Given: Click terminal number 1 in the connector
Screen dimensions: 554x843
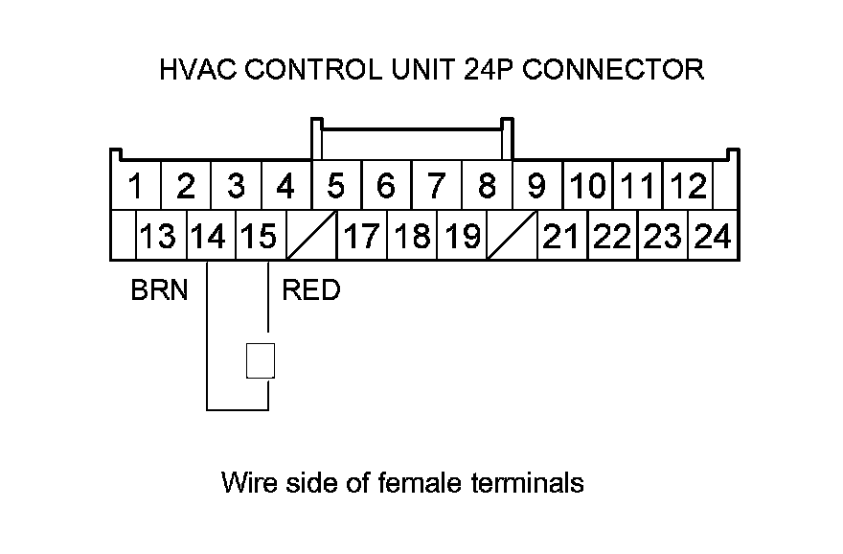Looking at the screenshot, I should click(x=137, y=185).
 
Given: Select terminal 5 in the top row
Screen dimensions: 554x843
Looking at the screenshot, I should click(x=335, y=185).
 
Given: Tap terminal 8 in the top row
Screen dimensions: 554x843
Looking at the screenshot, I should click(x=487, y=185).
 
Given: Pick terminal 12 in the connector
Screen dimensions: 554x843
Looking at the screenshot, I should click(x=689, y=185).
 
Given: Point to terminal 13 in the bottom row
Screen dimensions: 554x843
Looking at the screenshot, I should click(x=159, y=236).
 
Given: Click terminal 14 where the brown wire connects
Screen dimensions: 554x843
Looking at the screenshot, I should click(x=208, y=236).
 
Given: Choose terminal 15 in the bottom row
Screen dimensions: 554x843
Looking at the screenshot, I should click(x=258, y=236).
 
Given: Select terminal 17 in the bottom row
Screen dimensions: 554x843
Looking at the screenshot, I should click(x=361, y=236).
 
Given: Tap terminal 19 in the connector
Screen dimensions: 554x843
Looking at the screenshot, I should click(x=461, y=236).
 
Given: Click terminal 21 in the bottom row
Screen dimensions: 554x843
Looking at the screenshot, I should click(x=562, y=236).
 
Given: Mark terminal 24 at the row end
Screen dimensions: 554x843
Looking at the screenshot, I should click(x=713, y=236).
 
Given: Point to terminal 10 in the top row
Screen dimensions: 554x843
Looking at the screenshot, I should click(x=589, y=185).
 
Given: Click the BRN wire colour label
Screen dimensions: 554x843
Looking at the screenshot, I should click(x=159, y=289).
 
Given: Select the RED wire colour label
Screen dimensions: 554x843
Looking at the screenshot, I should click(x=310, y=289).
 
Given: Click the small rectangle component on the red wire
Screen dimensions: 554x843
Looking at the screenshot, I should click(x=261, y=360).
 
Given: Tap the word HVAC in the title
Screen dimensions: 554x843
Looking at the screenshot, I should click(x=195, y=70).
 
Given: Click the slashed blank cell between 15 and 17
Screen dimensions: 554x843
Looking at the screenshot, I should click(x=310, y=236).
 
